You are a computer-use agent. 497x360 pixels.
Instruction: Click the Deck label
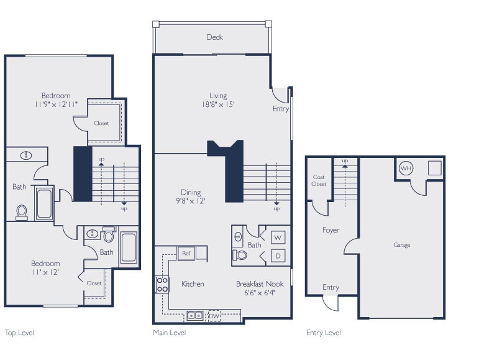(214, 37)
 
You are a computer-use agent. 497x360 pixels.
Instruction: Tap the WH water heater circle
(406, 168)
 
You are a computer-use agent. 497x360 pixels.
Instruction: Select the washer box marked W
(278, 237)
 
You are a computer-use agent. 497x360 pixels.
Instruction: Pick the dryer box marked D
(278, 256)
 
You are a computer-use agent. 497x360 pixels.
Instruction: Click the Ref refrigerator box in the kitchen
(186, 254)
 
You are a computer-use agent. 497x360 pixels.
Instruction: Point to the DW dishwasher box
(214, 315)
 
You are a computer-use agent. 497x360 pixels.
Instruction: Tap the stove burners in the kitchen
(162, 285)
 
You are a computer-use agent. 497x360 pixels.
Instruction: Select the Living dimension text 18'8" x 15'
(217, 104)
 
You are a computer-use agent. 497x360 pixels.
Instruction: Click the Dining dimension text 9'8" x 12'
(191, 201)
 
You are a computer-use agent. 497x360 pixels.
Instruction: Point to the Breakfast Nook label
(260, 284)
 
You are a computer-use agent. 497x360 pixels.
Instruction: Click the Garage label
(401, 245)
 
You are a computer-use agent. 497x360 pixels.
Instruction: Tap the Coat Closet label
(319, 180)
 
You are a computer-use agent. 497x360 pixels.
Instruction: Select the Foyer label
(331, 230)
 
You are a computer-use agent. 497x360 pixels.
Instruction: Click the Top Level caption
(19, 333)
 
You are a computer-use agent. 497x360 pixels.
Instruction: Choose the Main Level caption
(170, 333)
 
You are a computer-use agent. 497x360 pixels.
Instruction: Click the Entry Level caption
(323, 333)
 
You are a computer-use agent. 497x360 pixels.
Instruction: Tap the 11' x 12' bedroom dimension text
(46, 272)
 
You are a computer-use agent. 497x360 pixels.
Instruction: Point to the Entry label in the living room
(281, 109)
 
